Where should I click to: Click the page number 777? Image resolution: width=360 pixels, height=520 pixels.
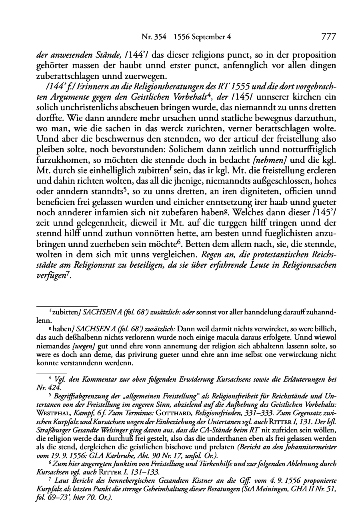pyautogui.click(x=328, y=37)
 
